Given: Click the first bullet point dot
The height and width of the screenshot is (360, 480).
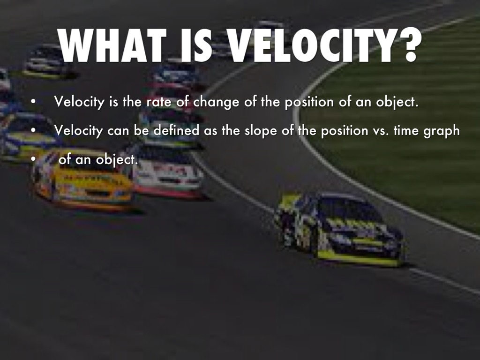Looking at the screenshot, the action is [x=33, y=102].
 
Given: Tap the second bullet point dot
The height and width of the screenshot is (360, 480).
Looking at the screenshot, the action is [x=33, y=130].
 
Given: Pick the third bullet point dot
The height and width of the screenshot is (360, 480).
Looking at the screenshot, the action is [x=33, y=159].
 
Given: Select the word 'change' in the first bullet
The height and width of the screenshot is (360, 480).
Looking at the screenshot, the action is [x=216, y=102].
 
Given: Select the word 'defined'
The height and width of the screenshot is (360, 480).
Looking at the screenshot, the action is [x=176, y=130].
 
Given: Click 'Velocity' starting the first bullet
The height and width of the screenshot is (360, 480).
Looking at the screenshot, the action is [x=79, y=102].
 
